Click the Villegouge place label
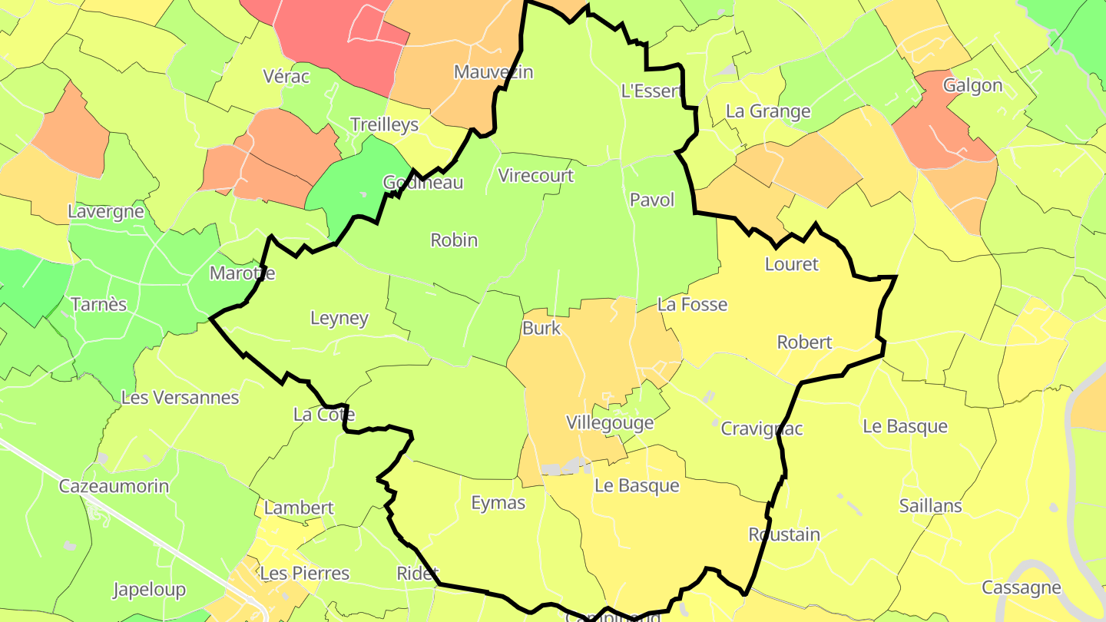pyautogui.click(x=610, y=422)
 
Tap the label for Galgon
pyautogui.click(x=972, y=85)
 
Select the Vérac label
pyautogui.click(x=286, y=76)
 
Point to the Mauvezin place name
pyautogui.click(x=493, y=72)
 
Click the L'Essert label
pyautogui.click(x=651, y=91)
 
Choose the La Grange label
pyautogui.click(x=768, y=111)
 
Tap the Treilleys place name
pyautogui.click(x=384, y=124)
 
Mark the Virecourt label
pyautogui.click(x=536, y=176)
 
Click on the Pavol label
pyautogui.click(x=652, y=200)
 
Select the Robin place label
pyautogui.click(x=454, y=240)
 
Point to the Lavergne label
pyautogui.click(x=106, y=211)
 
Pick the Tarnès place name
pyautogui.click(x=98, y=305)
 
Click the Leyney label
pyautogui.click(x=339, y=318)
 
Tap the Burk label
pyautogui.click(x=541, y=329)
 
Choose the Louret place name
pyautogui.click(x=792, y=264)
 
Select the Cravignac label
pyautogui.click(x=761, y=428)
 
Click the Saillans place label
pyautogui.click(x=931, y=506)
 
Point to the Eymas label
pyautogui.click(x=498, y=503)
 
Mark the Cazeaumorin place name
pyautogui.click(x=114, y=486)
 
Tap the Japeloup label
pyautogui.click(x=149, y=590)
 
